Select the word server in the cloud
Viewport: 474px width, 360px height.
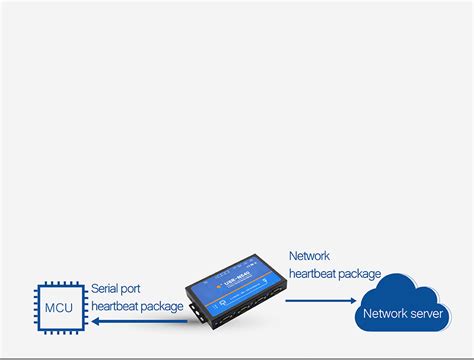tap(427, 314)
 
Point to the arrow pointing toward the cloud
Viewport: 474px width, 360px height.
tap(319, 298)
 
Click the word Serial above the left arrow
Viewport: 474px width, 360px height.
tap(106, 288)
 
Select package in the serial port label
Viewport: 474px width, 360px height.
tap(165, 306)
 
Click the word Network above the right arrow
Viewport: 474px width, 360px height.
tap(309, 256)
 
